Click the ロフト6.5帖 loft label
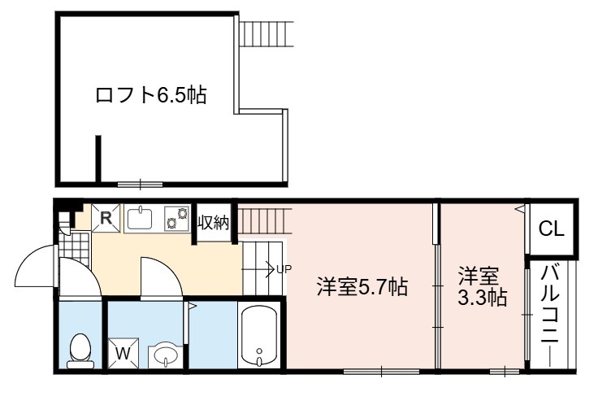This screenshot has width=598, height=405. click(151, 95)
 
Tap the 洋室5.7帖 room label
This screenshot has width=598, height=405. click(362, 287)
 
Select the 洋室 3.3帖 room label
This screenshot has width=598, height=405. click(482, 287)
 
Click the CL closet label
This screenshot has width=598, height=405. click(551, 229)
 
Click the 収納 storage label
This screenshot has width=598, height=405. click(214, 223)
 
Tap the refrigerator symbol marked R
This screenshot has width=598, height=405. click(106, 218)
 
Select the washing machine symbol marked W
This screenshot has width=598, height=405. click(123, 354)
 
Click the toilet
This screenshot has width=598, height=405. click(80, 351)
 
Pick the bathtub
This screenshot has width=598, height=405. click(259, 336)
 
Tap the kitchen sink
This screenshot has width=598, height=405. click(139, 218)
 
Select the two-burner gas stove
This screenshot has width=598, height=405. click(176, 218)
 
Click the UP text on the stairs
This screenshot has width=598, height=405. click(284, 269)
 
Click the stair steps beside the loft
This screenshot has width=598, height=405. click(266, 34)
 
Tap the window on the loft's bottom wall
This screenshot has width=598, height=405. click(140, 185)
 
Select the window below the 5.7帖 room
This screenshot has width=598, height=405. click(381, 372)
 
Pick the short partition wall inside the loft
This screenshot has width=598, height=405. click(98, 159)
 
